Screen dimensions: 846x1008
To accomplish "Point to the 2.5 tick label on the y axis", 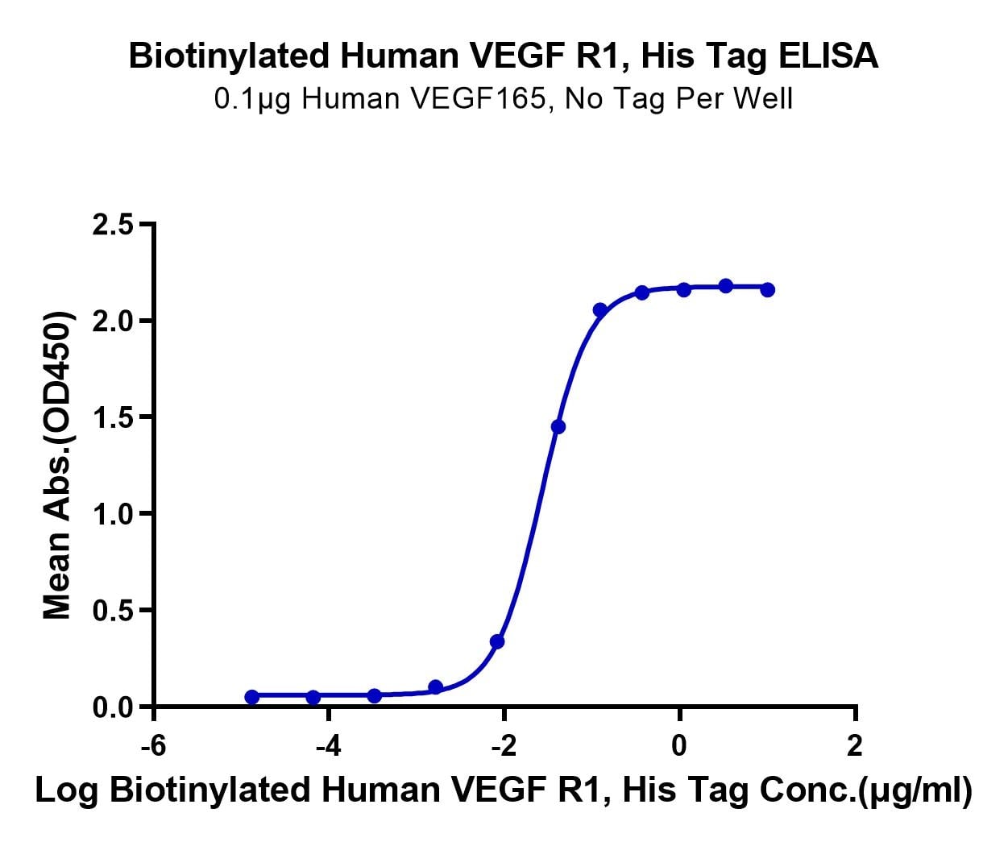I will coord(114,224).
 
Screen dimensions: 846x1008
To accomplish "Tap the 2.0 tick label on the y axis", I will coord(114,321).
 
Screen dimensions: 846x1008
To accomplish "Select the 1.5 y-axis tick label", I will coord(114,417).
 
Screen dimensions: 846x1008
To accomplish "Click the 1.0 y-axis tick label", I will coord(114,514).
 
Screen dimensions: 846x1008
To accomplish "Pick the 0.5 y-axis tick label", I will coord(114,611).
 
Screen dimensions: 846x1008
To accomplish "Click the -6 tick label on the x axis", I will coord(153,745).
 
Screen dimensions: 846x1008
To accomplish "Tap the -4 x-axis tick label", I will coord(328,745).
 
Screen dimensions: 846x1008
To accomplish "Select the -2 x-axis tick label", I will coord(504,745).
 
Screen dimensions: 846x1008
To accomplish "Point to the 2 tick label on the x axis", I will coord(855,745).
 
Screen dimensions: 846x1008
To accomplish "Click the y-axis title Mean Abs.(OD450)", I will coord(57,466).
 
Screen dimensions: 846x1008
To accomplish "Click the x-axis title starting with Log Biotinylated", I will coord(504,791).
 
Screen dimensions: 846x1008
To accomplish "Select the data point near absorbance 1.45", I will coord(558,426).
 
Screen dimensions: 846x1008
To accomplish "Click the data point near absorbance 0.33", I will coord(497,641).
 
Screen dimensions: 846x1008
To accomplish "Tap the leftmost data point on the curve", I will coord(252,696).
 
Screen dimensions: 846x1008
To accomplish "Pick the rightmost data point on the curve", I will coord(767,289).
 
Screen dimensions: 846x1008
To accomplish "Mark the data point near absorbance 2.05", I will coord(599,309).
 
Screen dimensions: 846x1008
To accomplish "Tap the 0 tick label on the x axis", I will coord(679,745).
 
